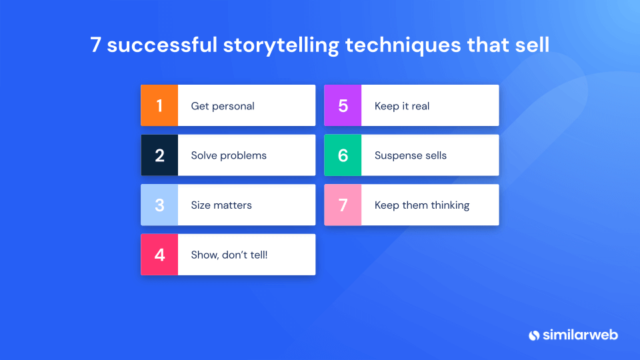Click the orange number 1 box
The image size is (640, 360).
click(159, 105)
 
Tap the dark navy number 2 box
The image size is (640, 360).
click(159, 155)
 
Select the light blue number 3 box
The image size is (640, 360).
click(159, 205)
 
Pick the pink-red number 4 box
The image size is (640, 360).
click(159, 254)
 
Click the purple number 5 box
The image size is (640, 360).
click(343, 105)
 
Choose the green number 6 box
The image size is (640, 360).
click(343, 155)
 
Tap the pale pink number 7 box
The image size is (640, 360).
click(343, 205)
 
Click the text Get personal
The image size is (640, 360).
click(223, 106)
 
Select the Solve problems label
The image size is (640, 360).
click(229, 155)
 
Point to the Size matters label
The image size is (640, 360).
click(221, 205)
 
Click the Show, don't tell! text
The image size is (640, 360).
click(229, 255)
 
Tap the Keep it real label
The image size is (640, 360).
click(402, 106)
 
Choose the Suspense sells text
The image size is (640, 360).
click(411, 155)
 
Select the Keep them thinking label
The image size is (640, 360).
click(422, 205)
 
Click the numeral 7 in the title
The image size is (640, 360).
click(96, 45)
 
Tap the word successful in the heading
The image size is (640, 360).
click(163, 45)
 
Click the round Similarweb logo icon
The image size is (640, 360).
click(533, 335)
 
